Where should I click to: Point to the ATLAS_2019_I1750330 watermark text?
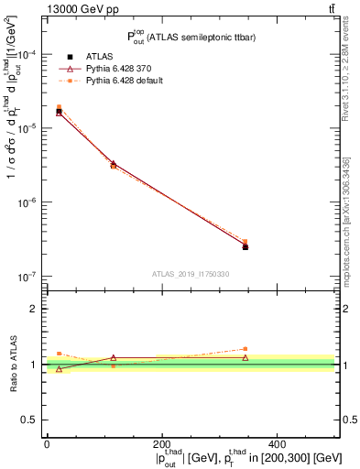coord(191,274)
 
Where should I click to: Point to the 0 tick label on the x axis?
coord(47,444)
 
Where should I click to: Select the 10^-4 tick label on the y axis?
coord(29,55)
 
